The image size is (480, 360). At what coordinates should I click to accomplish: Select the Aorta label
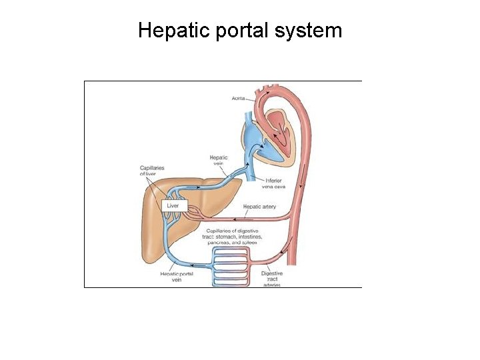point(239,98)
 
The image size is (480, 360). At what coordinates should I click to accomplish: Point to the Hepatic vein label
point(219,161)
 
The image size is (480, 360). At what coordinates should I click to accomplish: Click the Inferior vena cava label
point(273,183)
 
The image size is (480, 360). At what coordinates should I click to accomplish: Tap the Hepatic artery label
point(259,207)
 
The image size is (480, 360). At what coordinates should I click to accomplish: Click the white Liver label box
point(173,206)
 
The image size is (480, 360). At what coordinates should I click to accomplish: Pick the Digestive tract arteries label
point(271,279)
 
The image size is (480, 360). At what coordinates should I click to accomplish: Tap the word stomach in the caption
point(230,237)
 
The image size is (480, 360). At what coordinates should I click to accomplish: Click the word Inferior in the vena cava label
point(273,180)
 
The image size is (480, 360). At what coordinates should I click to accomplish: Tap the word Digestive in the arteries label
point(271,273)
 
